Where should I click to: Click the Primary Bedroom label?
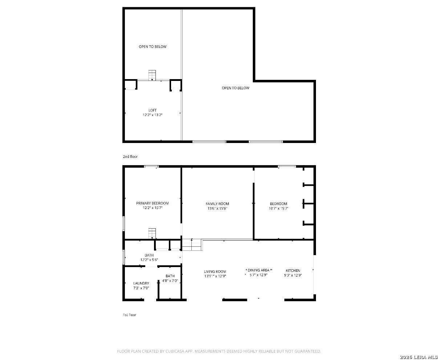coord(153,203)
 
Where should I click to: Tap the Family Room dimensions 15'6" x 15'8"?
coord(217,208)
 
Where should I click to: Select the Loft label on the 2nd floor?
coord(153,110)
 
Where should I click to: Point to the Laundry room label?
coord(141,283)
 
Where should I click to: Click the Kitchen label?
coord(293,271)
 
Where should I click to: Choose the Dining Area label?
coord(258,270)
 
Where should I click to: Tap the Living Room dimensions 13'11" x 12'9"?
coord(215,276)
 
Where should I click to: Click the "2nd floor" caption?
coord(130,156)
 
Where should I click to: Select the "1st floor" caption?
coord(130,315)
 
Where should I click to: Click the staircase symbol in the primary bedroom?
coord(152,233)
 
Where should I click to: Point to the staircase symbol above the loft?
coord(152,75)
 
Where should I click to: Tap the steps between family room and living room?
coord(191,245)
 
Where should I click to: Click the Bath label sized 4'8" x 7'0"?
coord(170,276)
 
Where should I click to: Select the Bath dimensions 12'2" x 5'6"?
coord(149,260)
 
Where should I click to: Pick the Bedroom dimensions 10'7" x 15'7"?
coord(279,208)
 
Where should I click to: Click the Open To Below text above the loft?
coord(153,47)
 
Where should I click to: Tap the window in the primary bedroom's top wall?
coord(151,167)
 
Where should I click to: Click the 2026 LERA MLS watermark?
coord(419,357)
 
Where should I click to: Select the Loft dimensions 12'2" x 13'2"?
coord(153,115)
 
